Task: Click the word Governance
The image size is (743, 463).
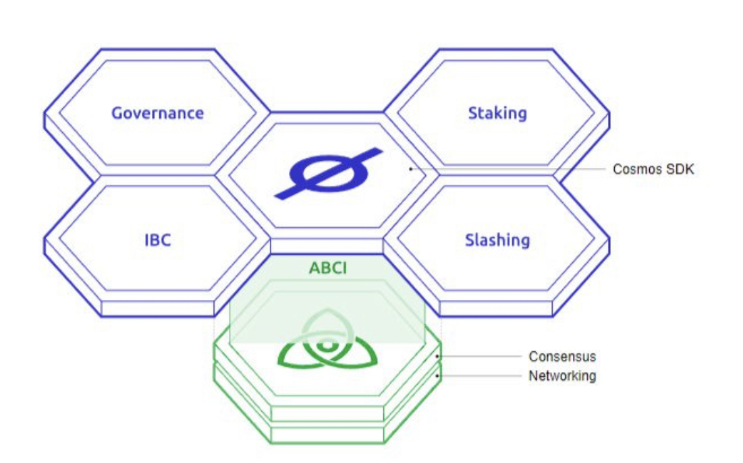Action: (x=157, y=113)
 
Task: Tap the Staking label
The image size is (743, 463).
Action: (x=497, y=113)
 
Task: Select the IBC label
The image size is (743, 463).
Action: (x=158, y=240)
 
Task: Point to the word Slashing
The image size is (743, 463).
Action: (x=497, y=240)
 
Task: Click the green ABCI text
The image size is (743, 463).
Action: (x=327, y=268)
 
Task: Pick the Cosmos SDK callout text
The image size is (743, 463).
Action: (x=653, y=169)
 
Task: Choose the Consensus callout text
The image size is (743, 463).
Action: (x=562, y=356)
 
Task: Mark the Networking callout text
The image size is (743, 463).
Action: (x=562, y=375)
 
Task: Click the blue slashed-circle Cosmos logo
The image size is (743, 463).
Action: (x=328, y=173)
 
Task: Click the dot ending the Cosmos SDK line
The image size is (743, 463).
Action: (x=410, y=168)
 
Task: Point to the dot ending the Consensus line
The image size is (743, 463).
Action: (x=438, y=356)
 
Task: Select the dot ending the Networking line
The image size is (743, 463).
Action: (x=438, y=375)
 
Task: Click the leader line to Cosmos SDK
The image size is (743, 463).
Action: (x=506, y=168)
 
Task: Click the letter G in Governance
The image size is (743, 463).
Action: (x=117, y=113)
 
